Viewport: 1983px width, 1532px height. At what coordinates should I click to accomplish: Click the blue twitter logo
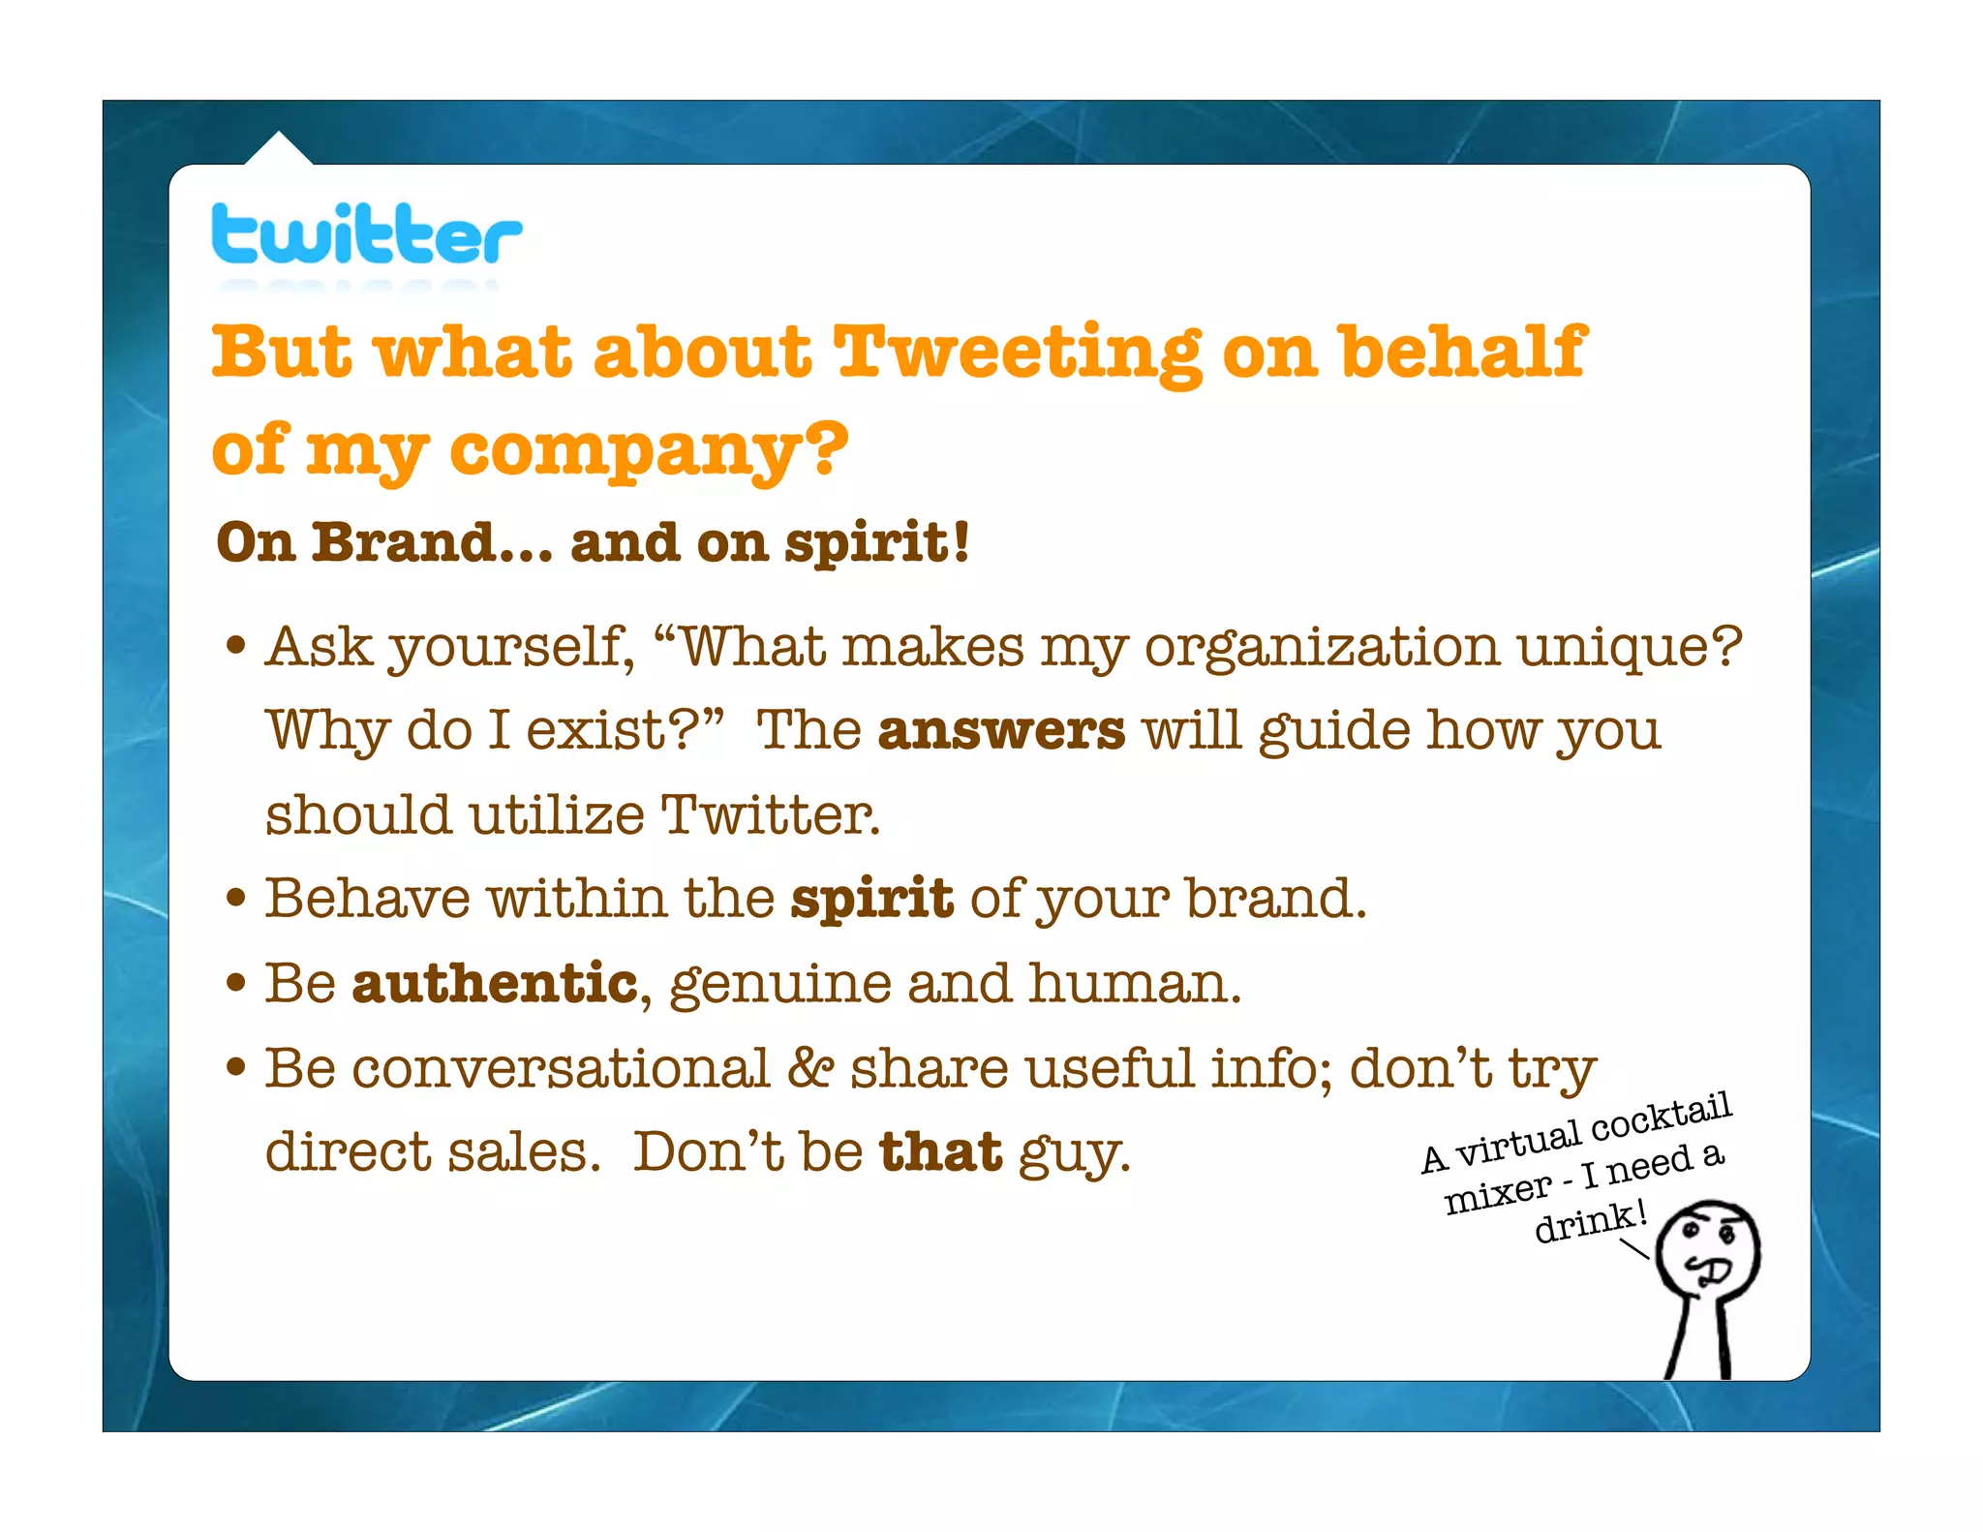point(366,234)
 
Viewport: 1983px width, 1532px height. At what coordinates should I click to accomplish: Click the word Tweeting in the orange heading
point(1017,353)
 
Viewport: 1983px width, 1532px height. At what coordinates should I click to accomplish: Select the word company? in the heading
point(648,451)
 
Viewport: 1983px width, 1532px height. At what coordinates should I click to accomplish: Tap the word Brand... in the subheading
point(432,542)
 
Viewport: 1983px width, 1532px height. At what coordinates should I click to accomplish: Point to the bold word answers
point(1001,730)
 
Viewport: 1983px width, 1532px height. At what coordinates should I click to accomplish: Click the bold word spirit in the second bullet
point(871,899)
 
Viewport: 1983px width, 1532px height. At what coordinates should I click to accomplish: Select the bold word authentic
point(495,984)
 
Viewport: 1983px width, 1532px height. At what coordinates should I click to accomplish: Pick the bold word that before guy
point(940,1152)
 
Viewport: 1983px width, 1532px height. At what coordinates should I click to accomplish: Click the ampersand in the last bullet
point(810,1069)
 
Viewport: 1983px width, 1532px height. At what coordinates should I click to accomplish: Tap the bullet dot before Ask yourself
point(235,646)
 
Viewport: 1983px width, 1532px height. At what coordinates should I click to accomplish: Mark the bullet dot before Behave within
point(235,898)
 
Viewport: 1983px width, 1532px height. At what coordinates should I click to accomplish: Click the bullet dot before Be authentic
point(235,983)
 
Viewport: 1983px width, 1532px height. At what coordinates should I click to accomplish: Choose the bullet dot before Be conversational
point(235,1068)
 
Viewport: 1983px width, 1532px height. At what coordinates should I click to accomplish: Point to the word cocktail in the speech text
point(1661,1119)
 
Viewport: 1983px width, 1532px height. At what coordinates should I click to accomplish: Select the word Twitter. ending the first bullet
point(771,814)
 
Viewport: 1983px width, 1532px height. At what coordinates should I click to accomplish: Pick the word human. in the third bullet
point(1134,984)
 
